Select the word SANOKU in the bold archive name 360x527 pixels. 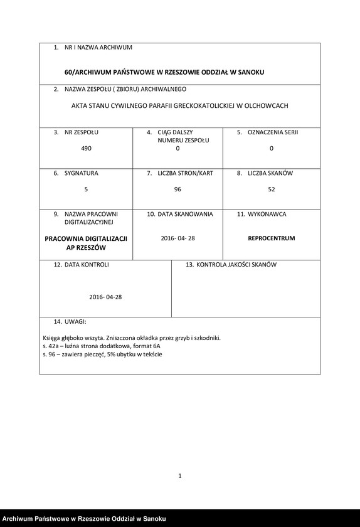[249, 72]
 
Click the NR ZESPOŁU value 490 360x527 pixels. [86, 149]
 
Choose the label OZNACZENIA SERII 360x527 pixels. [273, 132]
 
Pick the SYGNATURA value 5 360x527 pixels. [86, 189]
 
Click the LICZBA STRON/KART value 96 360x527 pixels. [177, 189]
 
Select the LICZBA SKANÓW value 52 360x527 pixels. [271, 189]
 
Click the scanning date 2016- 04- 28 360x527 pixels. [178, 238]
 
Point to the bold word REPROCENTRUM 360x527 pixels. [271, 238]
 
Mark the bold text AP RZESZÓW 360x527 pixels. [86, 248]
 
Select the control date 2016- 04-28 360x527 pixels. [105, 297]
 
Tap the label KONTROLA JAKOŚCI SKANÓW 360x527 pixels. [236, 265]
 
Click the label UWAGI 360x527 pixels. [75, 321]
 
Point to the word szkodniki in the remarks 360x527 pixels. [206, 338]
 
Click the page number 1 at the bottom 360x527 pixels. [180, 476]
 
